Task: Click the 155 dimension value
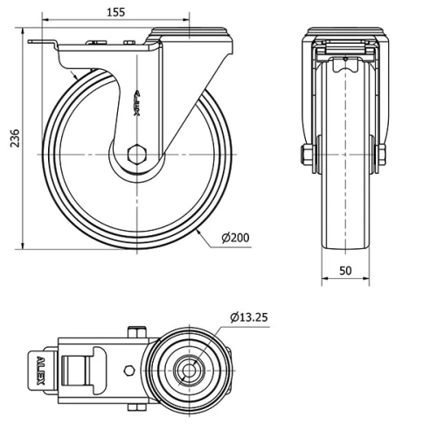coord(116,12)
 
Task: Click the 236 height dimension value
coord(14,138)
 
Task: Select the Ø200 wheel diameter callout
coord(235,238)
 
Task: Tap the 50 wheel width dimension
coord(345,271)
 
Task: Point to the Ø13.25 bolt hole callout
coord(249,317)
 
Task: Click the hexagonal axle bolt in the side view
coord(137,154)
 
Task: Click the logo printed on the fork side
coord(137,103)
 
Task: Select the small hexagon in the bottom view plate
coord(129,371)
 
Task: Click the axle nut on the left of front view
coord(306,155)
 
